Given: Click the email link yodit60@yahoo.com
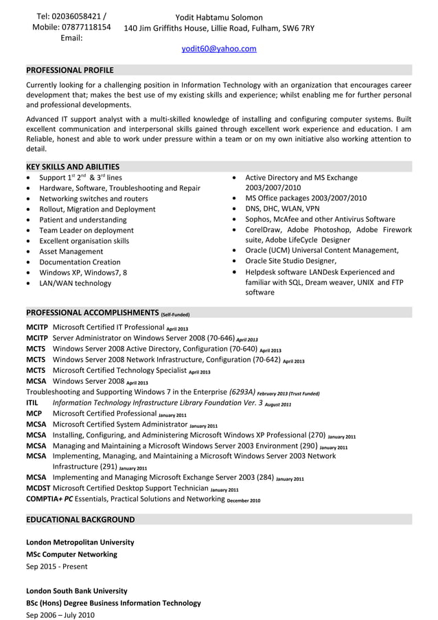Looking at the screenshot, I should pos(218,49).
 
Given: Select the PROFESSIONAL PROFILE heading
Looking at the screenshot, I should pos(70,70).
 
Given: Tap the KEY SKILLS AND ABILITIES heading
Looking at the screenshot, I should pos(73,166).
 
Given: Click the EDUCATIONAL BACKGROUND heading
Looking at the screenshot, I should pos(80,519).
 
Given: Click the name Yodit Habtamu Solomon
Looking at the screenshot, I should pos(218,17).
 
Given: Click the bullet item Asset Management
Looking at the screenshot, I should pos(71,251).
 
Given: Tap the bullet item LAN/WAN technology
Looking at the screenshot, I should pos(75,283).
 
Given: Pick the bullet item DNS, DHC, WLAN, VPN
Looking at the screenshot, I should pos(282,209).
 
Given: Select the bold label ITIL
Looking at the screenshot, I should pos(32,403).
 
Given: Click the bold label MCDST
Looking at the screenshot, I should pos(38,488).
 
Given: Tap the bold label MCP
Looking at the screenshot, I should pos(34,414).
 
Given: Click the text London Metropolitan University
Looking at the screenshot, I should pos(80,542).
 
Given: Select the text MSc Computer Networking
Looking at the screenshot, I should pos(71,554).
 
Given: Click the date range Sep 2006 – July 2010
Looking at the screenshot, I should pos(60,615).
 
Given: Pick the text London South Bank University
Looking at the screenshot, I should pos(76,590).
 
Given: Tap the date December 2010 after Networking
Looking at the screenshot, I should pos(244,501).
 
